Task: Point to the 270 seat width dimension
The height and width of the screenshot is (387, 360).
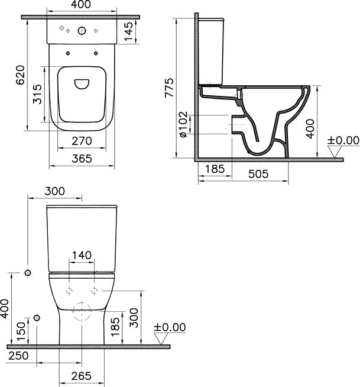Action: coord(82,141)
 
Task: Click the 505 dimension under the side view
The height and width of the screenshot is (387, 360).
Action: coord(259,173)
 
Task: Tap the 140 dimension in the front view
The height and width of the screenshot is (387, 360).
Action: coord(81,255)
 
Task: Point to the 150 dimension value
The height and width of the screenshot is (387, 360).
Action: coord(21,330)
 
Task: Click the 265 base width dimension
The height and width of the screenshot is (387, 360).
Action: coord(82,376)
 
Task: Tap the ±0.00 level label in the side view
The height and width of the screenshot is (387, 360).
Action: coord(343,140)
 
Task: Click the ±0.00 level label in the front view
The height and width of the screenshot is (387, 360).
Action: coord(170,327)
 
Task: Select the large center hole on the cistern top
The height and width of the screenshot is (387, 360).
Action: coord(81,31)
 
